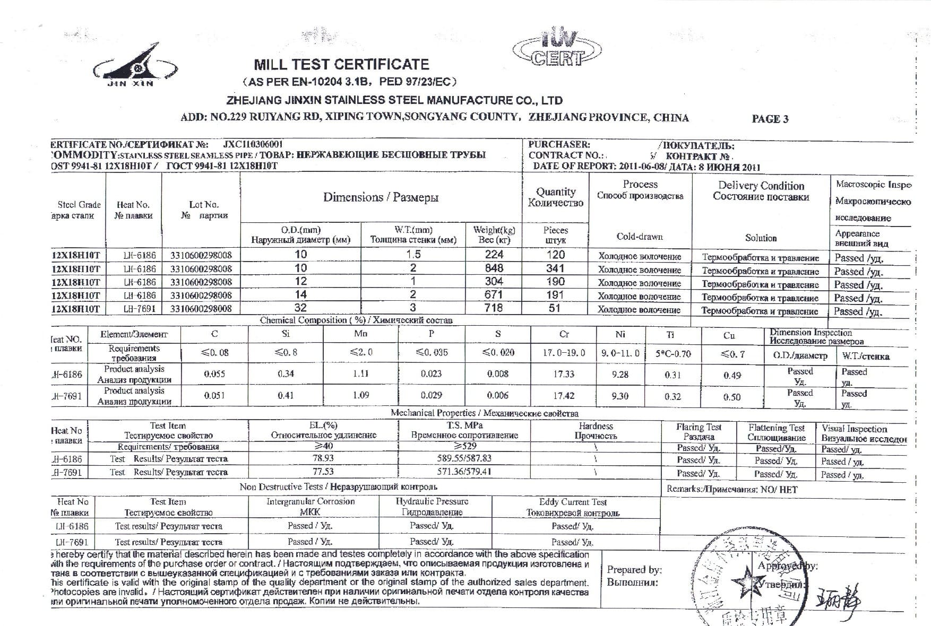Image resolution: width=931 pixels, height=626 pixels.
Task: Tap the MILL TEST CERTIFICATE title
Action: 341,65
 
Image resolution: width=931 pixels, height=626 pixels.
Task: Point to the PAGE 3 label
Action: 770,119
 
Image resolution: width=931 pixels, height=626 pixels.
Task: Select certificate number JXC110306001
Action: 253,144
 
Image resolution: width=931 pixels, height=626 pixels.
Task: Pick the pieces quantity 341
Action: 555,268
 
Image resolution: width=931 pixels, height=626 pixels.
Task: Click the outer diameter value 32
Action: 300,308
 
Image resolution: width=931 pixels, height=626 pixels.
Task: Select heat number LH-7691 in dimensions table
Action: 139,308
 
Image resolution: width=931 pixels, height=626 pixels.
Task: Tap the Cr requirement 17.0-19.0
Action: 564,353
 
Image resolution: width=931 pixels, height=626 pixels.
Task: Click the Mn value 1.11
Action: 360,373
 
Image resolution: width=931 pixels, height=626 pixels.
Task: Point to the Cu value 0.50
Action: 732,397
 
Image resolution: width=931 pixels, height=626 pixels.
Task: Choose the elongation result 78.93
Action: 323,458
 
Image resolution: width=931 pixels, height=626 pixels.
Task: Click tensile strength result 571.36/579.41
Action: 464,471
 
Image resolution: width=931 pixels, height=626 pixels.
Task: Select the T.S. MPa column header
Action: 464,425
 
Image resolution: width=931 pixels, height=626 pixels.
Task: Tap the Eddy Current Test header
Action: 573,502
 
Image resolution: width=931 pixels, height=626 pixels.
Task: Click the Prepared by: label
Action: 634,570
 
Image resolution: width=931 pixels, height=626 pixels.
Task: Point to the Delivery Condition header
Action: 761,186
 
